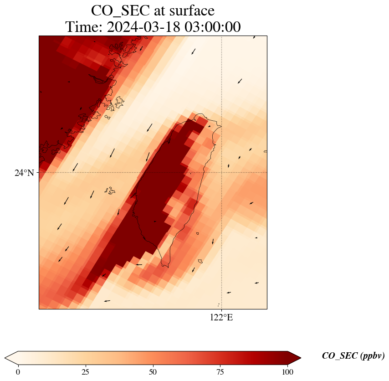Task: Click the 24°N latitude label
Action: (24, 173)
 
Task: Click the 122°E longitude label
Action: (221, 318)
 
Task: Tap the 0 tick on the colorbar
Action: (18, 372)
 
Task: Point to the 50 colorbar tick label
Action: (153, 372)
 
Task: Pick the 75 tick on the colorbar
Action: (220, 372)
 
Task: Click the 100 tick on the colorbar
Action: (287, 372)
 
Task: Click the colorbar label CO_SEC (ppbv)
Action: (353, 356)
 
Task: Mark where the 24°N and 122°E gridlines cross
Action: (221, 173)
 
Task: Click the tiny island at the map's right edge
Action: (265, 151)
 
